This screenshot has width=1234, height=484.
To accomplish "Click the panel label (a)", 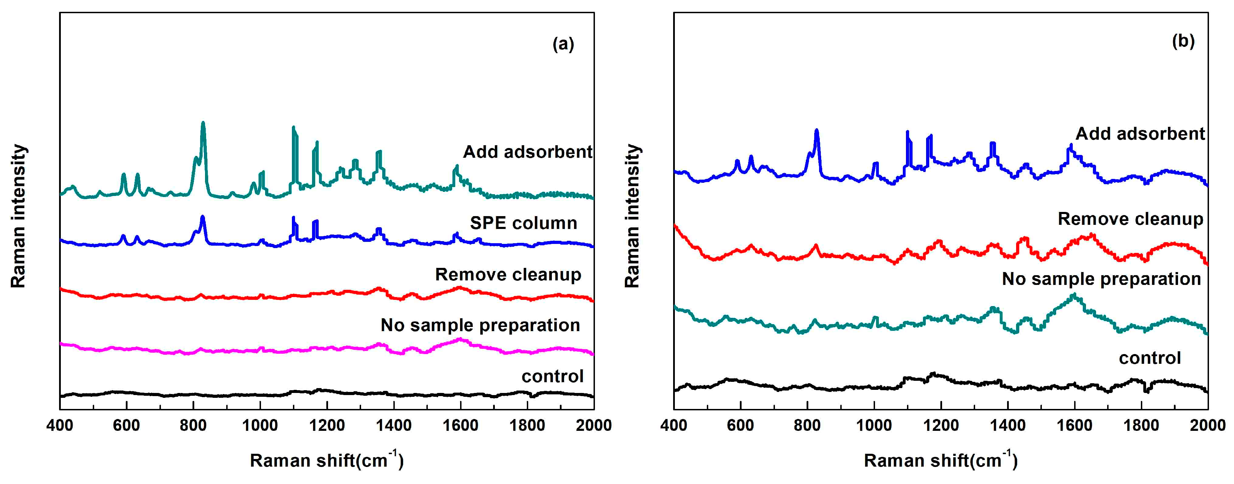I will (x=563, y=44).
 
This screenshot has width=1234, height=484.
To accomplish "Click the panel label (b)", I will (x=1183, y=41).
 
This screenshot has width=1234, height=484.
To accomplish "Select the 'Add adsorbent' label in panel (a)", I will (x=528, y=152).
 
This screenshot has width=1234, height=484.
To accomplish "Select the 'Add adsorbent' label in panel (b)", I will (x=1140, y=133).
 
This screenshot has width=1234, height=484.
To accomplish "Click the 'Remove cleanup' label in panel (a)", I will (x=508, y=274).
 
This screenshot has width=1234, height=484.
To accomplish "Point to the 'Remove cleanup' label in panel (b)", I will (x=1130, y=219).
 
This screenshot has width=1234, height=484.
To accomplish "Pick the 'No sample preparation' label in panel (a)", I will (x=480, y=325).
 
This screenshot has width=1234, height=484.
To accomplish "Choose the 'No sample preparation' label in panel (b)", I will (x=1101, y=279).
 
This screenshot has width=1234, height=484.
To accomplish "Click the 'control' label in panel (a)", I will (x=552, y=376).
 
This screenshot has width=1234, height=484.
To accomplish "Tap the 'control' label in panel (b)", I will (x=1150, y=358).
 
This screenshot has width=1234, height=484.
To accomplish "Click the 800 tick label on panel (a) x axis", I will (x=193, y=425).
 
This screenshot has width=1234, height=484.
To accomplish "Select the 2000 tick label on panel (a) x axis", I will (x=594, y=425).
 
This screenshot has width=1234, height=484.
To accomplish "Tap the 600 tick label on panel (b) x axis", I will (x=741, y=425).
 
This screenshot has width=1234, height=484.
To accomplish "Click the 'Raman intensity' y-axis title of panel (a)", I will (x=18, y=215).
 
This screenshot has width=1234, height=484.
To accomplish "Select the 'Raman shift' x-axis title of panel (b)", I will (x=940, y=460).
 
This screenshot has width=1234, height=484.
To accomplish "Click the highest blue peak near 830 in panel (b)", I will (x=817, y=130).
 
